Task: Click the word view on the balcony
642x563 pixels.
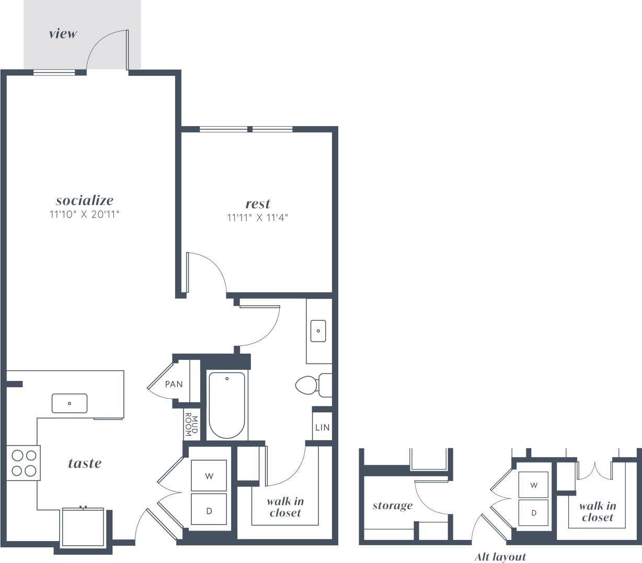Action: [63, 34]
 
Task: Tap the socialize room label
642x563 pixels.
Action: [85, 200]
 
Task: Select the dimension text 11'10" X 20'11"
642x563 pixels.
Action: [85, 214]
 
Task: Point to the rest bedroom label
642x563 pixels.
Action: [258, 204]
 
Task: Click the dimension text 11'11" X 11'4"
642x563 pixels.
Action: [258, 218]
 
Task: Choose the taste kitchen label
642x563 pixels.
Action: [85, 463]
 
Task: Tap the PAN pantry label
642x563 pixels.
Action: [174, 384]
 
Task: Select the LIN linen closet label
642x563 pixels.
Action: [322, 427]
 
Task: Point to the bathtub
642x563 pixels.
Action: [226, 406]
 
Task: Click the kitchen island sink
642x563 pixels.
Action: [70, 403]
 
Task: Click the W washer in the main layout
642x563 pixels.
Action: [209, 476]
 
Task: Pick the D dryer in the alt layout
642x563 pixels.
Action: [534, 513]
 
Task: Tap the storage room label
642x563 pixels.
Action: [392, 505]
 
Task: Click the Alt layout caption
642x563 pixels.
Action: [500, 557]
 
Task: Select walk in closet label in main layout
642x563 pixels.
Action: [285, 507]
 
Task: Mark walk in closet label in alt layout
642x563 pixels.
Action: [597, 512]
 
